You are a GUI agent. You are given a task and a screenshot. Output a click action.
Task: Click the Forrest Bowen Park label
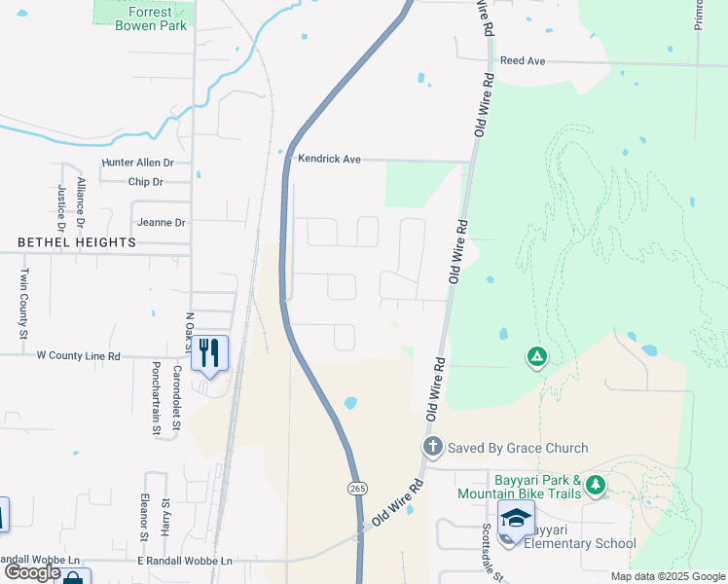coord(151,18)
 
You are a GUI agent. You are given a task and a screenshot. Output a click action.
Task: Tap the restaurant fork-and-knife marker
coord(209,352)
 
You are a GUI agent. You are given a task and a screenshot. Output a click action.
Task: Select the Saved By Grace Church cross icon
coord(433,448)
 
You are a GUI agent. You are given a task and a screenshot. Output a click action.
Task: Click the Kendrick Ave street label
coord(329,159)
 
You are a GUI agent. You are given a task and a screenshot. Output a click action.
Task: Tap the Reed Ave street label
coord(523,60)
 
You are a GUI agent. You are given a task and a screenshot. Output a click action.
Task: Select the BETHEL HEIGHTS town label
coord(76,241)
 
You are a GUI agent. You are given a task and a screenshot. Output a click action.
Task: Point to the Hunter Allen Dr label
coord(137,164)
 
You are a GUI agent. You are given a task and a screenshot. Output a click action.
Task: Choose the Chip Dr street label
coord(145,182)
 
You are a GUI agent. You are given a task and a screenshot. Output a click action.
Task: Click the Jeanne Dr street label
coord(161,222)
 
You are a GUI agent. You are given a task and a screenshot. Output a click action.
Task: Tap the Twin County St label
coord(25,304)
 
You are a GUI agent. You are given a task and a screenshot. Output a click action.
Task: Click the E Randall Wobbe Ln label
coord(184,562)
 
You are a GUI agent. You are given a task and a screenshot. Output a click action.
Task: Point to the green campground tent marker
coord(535,357)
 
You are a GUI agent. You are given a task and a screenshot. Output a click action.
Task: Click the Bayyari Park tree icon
coord(596,485)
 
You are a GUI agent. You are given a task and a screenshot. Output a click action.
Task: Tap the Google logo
coord(32,572)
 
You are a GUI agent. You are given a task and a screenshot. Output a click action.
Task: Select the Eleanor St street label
coord(143,516)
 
